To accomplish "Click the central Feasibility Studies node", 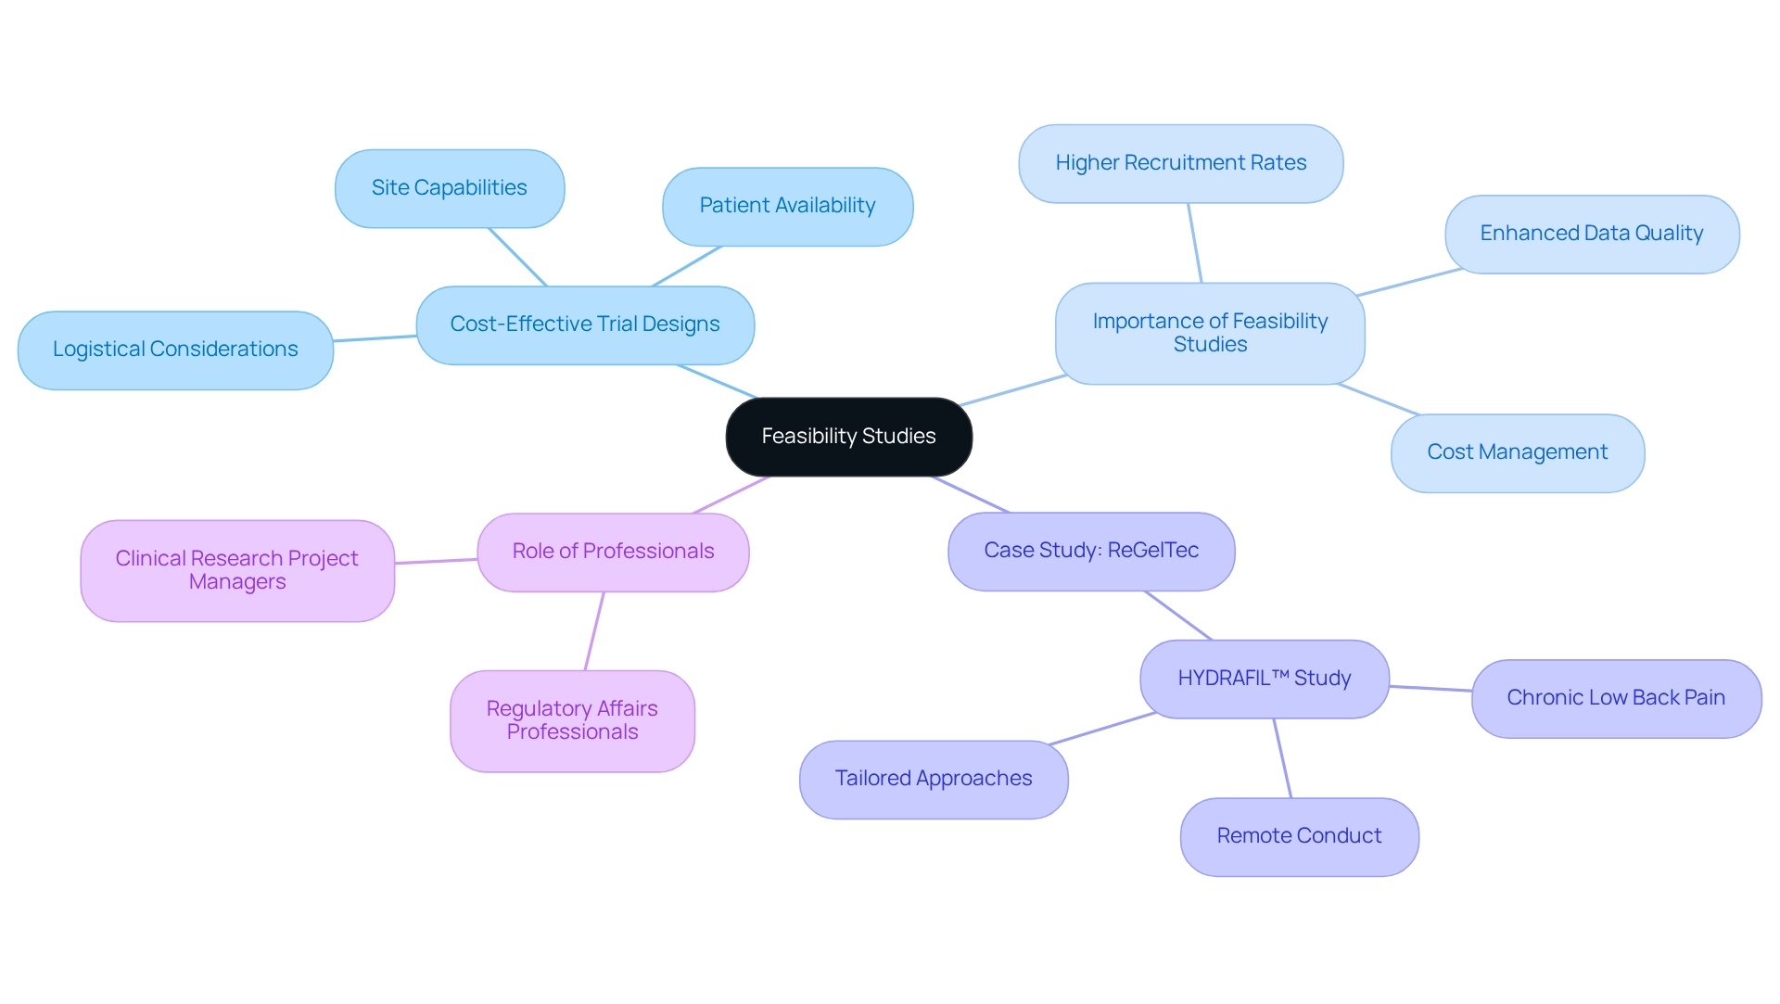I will pos(848,437).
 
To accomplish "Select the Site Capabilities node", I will pos(450,188).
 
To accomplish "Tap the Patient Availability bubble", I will pos(787,206).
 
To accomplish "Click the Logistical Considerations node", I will pos(175,349).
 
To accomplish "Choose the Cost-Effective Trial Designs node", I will pos(585,324).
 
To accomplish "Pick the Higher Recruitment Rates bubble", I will pos(1180,163).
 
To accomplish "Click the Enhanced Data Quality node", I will pos(1591,234).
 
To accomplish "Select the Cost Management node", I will pos(1517,452).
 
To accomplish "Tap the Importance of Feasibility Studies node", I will pos(1209,333).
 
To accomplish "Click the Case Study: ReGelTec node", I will pos(1091,551).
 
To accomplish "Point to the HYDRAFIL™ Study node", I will pos(1264,679).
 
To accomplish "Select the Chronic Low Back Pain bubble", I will pos(1615,698).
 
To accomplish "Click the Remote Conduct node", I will pos(1299,836).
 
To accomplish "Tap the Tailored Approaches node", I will pos(933,779).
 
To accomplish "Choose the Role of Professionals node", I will pos(613,552).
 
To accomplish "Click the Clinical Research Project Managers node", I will pos(236,570).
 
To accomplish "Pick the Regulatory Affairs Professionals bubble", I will pos(572,720).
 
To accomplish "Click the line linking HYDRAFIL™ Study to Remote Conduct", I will pos(1282,757).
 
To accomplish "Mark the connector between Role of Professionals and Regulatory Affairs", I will pos(594,630).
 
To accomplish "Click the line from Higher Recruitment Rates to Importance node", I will pos(1195,243).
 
